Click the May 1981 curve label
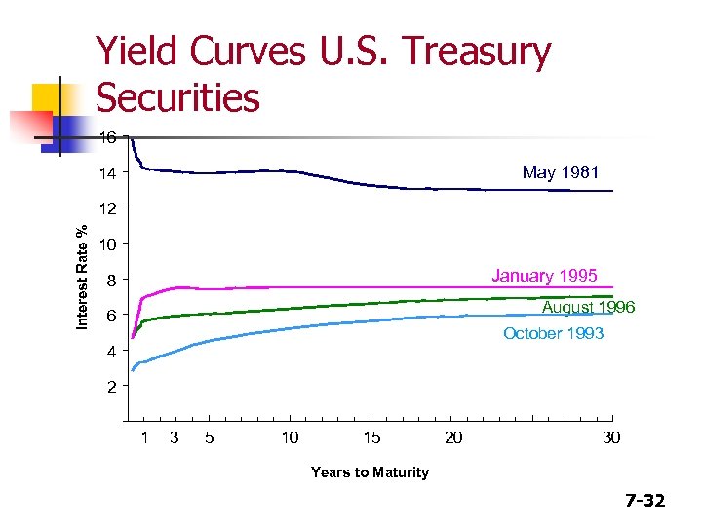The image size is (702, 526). tap(560, 173)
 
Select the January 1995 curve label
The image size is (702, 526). tap(544, 275)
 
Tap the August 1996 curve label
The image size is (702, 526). tap(588, 308)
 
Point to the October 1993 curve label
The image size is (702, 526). tap(553, 334)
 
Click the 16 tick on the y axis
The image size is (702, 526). tap(108, 138)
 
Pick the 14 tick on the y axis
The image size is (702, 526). tap(108, 174)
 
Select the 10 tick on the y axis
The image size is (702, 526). tap(108, 244)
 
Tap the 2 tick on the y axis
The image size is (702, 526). tap(112, 387)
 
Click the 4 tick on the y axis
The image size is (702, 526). tap(112, 351)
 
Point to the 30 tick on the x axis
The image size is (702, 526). tap(611, 438)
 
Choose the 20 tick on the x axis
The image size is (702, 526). tap(453, 438)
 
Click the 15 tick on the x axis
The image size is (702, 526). tap(371, 438)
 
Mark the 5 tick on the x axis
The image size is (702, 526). tap(210, 438)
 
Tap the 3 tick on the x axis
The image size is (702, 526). tap(175, 438)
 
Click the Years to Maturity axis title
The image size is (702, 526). tap(370, 472)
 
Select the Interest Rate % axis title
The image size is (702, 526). tap(85, 277)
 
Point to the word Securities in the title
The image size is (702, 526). tap(177, 96)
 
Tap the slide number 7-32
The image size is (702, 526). tap(644, 501)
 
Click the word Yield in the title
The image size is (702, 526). tap(142, 53)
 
